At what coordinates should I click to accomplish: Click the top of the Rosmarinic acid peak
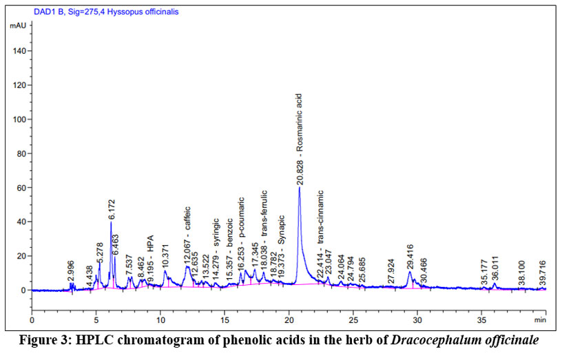click(x=300, y=187)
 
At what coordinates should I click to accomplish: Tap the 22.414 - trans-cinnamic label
click(x=320, y=238)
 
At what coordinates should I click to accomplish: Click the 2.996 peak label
click(x=71, y=271)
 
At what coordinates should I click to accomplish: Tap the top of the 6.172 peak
click(x=111, y=222)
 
